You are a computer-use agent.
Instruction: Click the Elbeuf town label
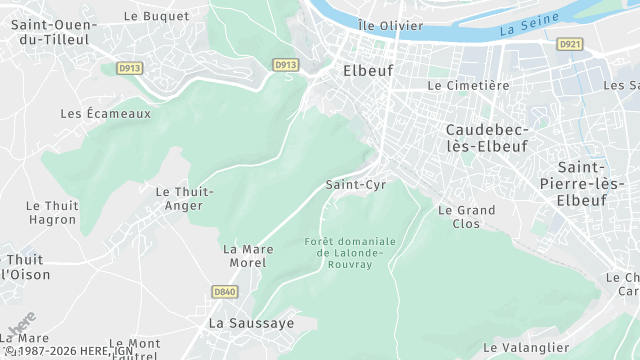368,71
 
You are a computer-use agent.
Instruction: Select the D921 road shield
570,44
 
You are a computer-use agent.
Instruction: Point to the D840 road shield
225,292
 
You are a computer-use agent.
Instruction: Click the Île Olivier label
392,25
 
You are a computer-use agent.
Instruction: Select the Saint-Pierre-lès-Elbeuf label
595,183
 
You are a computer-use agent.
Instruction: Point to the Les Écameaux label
105,114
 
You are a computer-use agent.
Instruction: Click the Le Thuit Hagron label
51,212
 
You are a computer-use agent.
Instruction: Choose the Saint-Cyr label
356,185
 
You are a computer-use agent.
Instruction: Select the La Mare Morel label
245,255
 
